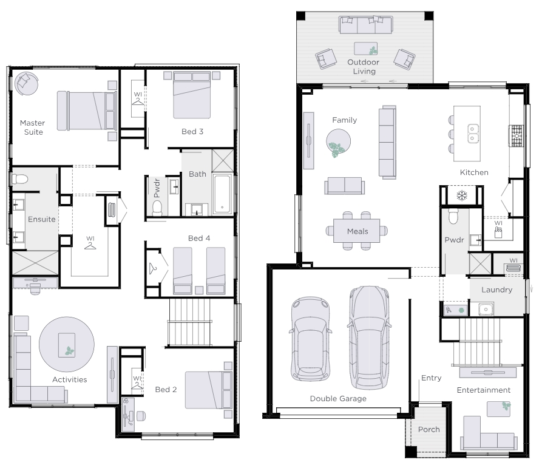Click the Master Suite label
pyautogui.click(x=33, y=127)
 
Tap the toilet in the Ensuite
pyautogui.click(x=19, y=179)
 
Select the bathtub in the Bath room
pyautogui.click(x=222, y=194)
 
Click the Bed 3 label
pyautogui.click(x=192, y=131)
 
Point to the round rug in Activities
pyautogui.click(x=67, y=344)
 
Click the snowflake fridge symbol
pyautogui.click(x=462, y=195)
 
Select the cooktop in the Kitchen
pyautogui.click(x=516, y=136)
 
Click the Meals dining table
pyautogui.click(x=357, y=231)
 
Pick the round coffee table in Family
pyautogui.click(x=339, y=141)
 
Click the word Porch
pyautogui.click(x=429, y=430)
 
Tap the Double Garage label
pyautogui.click(x=338, y=399)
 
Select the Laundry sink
pyautogui.click(x=486, y=309)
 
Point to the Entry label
pyautogui.click(x=432, y=378)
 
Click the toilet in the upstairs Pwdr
pyautogui.click(x=157, y=208)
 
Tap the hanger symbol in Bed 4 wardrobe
pyautogui.click(x=153, y=268)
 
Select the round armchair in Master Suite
pyautogui.click(x=26, y=83)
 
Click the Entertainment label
pyautogui.click(x=484, y=390)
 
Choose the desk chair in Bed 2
pyautogui.click(x=140, y=416)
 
